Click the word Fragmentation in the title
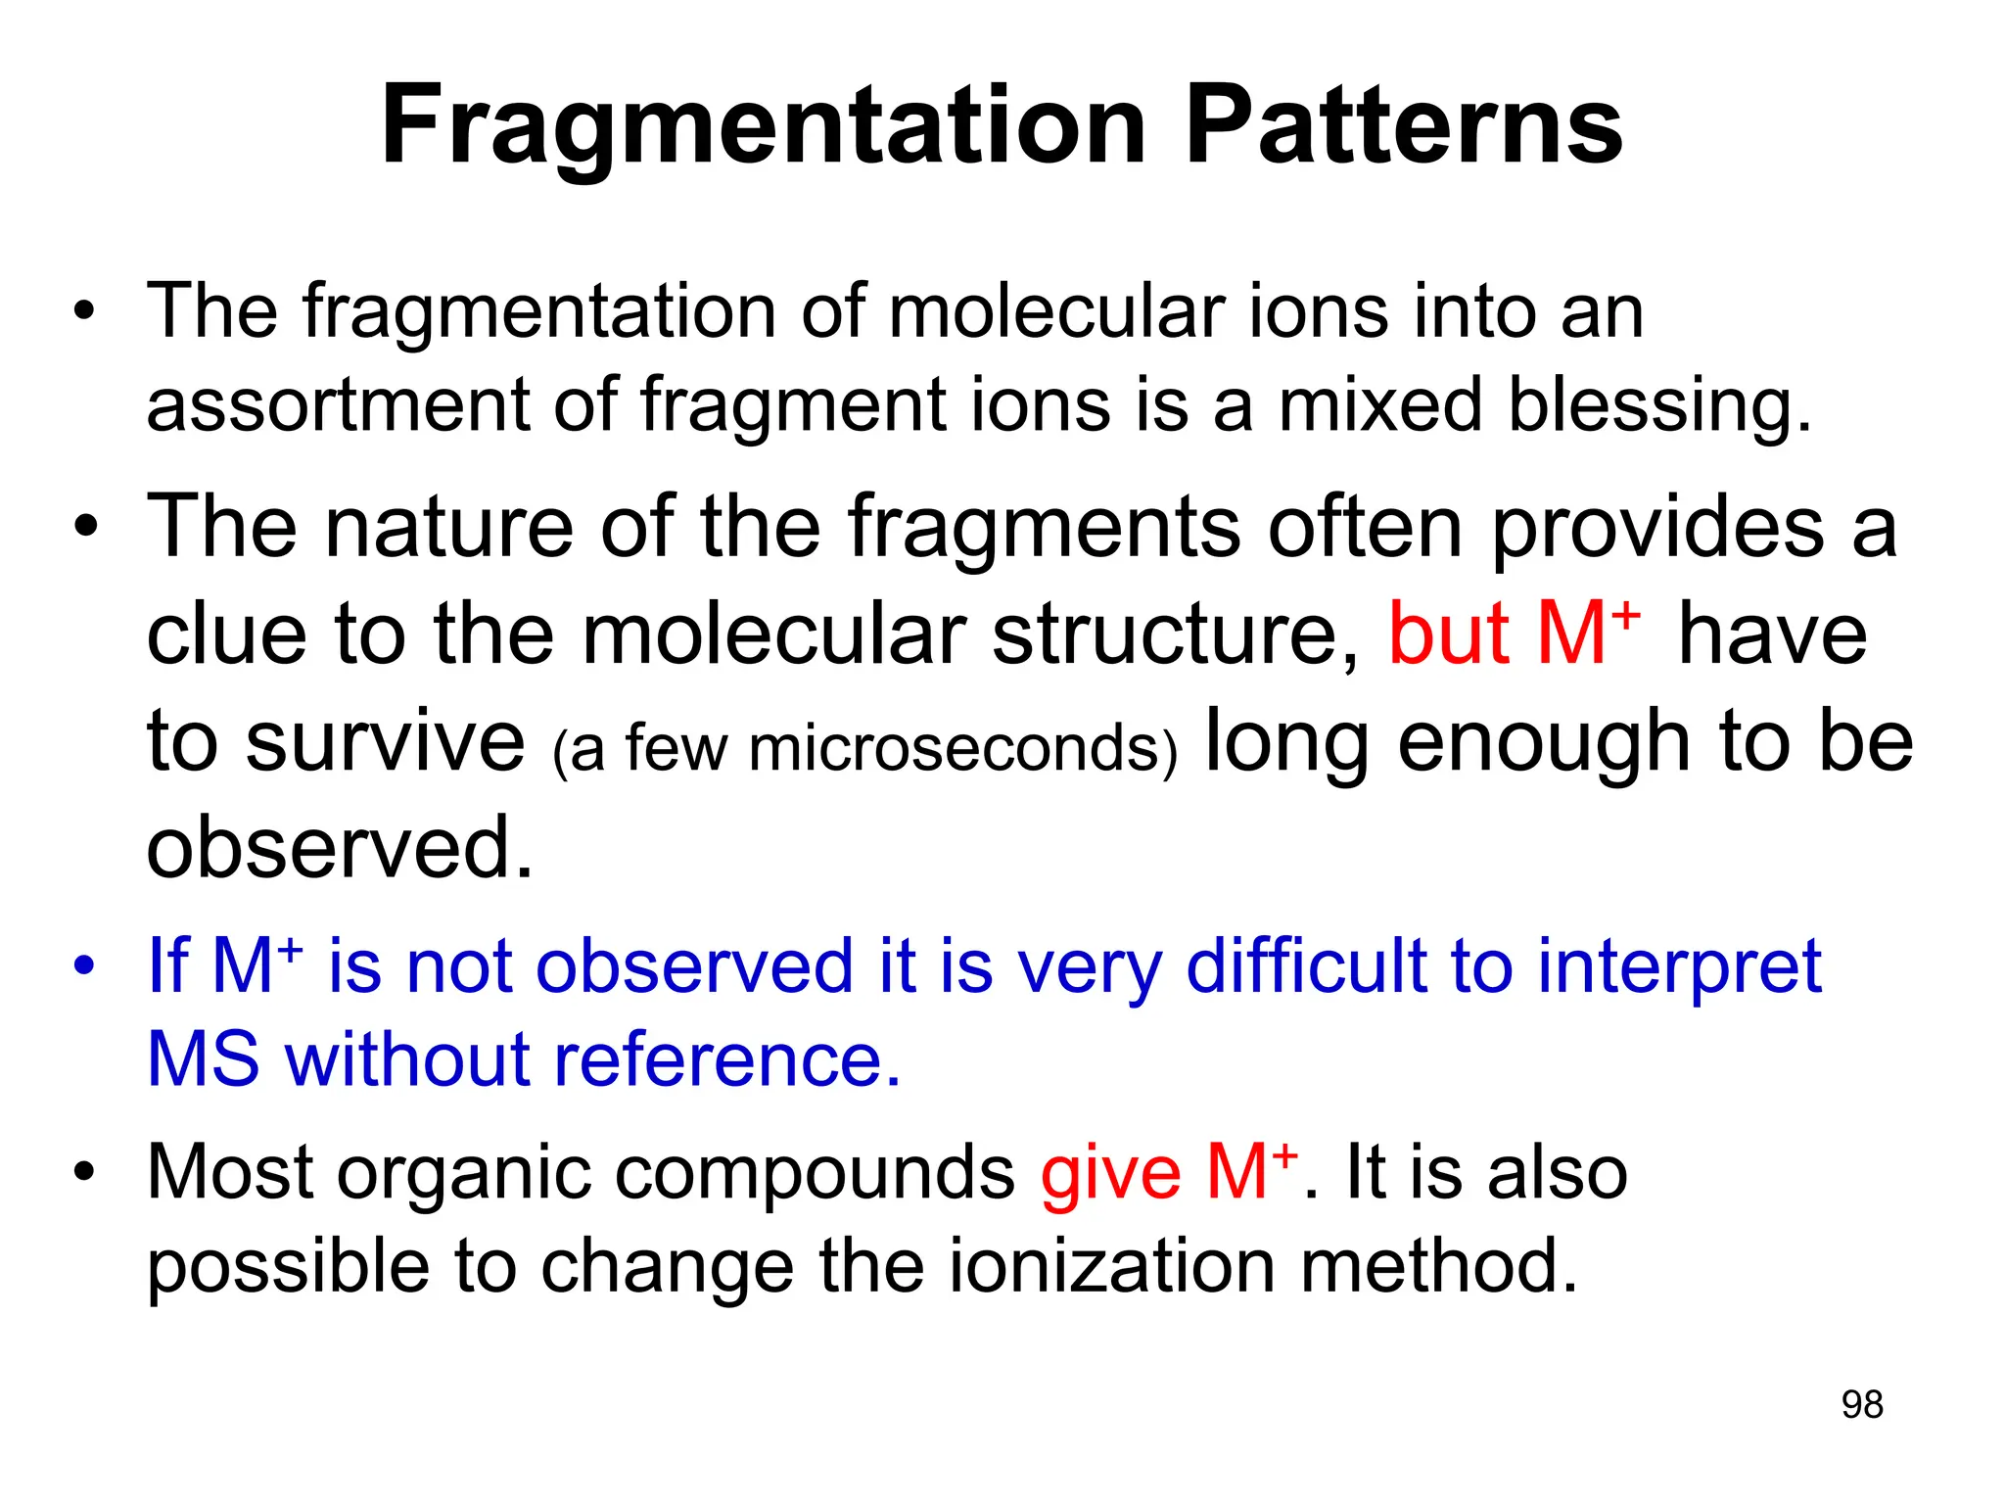point(763,127)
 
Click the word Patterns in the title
point(1404,127)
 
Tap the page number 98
point(1861,1404)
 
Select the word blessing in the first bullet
point(1658,405)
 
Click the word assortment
point(338,405)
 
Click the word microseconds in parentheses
point(955,748)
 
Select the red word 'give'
point(1110,1174)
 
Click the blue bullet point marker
point(85,964)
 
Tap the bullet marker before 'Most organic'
point(85,1171)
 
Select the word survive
point(385,741)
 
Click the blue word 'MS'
point(204,1060)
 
